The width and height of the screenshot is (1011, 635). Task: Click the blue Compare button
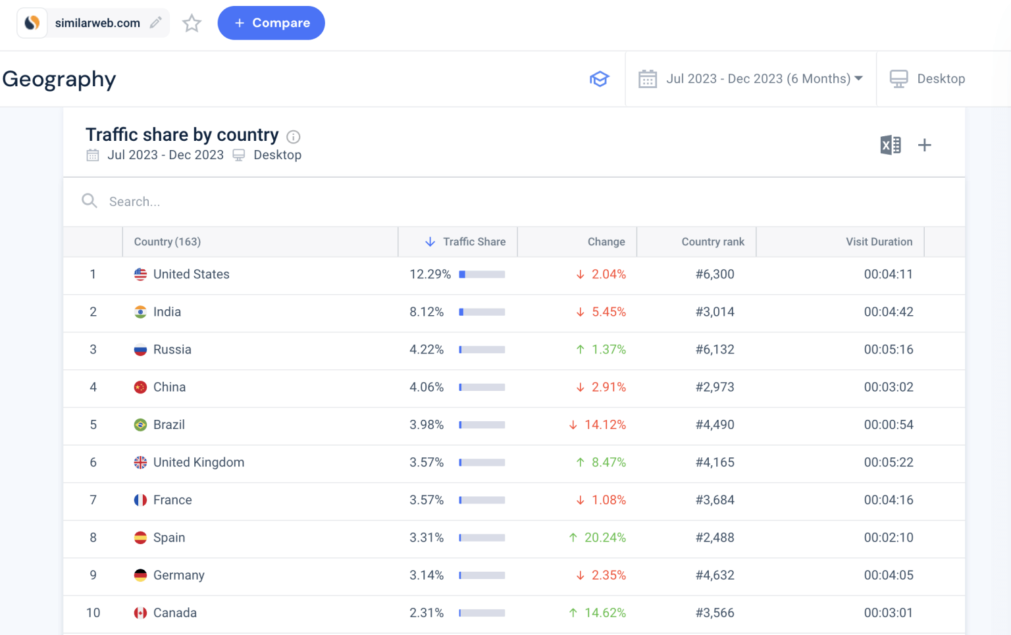pyautogui.click(x=271, y=23)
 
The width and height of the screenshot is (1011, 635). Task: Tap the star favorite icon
pyautogui.click(x=192, y=24)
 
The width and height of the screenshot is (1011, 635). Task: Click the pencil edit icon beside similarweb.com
pyautogui.click(x=156, y=23)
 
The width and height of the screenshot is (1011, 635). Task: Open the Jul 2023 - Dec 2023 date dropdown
pyautogui.click(x=764, y=79)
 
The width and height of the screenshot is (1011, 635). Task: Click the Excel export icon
pyautogui.click(x=890, y=145)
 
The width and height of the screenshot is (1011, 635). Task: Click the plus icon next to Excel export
pyautogui.click(x=925, y=145)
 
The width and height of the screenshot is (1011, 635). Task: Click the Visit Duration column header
pyautogui.click(x=879, y=242)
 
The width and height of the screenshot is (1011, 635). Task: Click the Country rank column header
pyautogui.click(x=713, y=242)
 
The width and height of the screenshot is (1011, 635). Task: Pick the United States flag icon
pyautogui.click(x=140, y=274)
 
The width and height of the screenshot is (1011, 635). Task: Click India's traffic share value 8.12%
pyautogui.click(x=427, y=312)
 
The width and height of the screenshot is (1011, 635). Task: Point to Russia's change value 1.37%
pyautogui.click(x=608, y=349)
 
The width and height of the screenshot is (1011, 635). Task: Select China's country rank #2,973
pyautogui.click(x=715, y=387)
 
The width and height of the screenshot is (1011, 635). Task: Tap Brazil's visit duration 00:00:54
pyautogui.click(x=889, y=425)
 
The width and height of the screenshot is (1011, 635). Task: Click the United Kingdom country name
pyautogui.click(x=199, y=463)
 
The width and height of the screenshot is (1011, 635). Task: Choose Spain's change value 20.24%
pyautogui.click(x=605, y=538)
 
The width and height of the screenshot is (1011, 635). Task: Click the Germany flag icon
pyautogui.click(x=140, y=575)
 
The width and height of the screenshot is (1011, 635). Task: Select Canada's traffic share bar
pyautogui.click(x=482, y=613)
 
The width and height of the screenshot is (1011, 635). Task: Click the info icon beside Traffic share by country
pyautogui.click(x=294, y=137)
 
